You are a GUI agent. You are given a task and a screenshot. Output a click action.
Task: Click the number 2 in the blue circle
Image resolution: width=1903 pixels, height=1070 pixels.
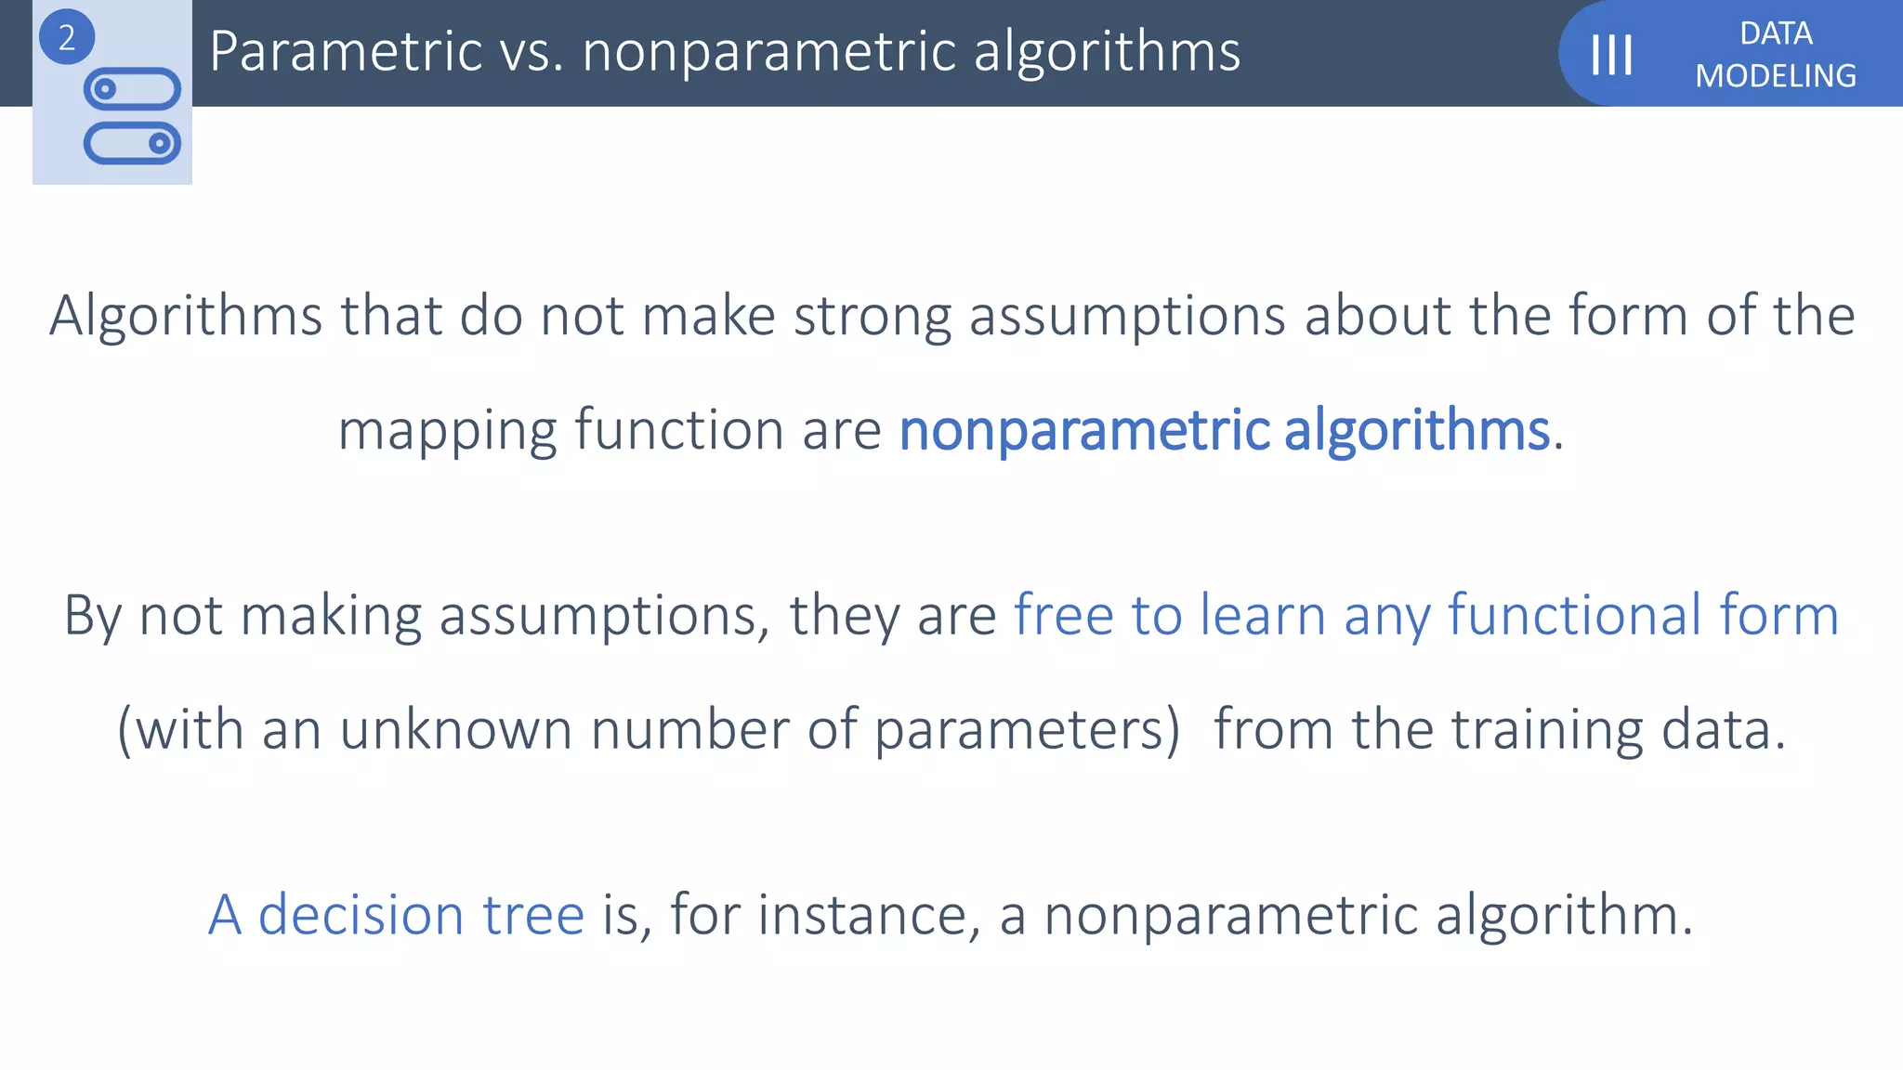pos(66,38)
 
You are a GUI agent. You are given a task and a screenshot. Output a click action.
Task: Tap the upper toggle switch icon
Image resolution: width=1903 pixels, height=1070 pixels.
pos(132,89)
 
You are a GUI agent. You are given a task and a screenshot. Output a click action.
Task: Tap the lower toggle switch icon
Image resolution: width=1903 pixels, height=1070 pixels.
pos(132,143)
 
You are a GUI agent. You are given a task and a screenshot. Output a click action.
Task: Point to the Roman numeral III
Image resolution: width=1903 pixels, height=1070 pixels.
pos(1611,55)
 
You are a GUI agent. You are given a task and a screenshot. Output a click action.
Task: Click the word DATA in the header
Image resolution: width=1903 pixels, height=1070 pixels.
pos(1776,33)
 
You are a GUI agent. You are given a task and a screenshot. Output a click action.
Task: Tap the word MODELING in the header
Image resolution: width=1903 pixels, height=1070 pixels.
pos(1776,76)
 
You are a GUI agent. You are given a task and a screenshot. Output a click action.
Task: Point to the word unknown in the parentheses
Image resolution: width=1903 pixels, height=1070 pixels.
pos(455,730)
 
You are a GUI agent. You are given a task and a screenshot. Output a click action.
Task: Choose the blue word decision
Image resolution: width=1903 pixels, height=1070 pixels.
pos(361,915)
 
